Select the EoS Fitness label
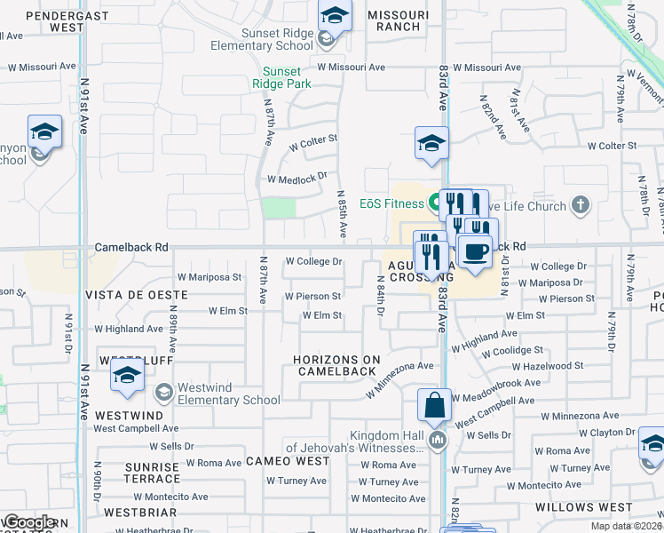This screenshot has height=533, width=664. click(x=392, y=203)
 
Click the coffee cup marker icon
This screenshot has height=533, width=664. click(x=476, y=251)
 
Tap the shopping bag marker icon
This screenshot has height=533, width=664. click(x=435, y=407)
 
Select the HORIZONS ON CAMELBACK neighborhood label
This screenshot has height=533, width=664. click(x=337, y=365)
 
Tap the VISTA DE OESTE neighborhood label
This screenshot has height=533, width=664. click(x=136, y=294)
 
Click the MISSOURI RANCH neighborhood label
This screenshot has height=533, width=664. click(x=393, y=20)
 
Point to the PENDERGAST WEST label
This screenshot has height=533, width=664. click(x=42, y=20)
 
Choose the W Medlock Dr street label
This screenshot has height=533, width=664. click(x=297, y=178)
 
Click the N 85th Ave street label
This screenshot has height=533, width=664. click(x=342, y=213)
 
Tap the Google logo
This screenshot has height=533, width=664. click(x=28, y=522)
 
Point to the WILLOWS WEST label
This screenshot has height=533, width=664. click(x=583, y=507)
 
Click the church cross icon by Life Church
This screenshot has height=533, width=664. click(x=581, y=206)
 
